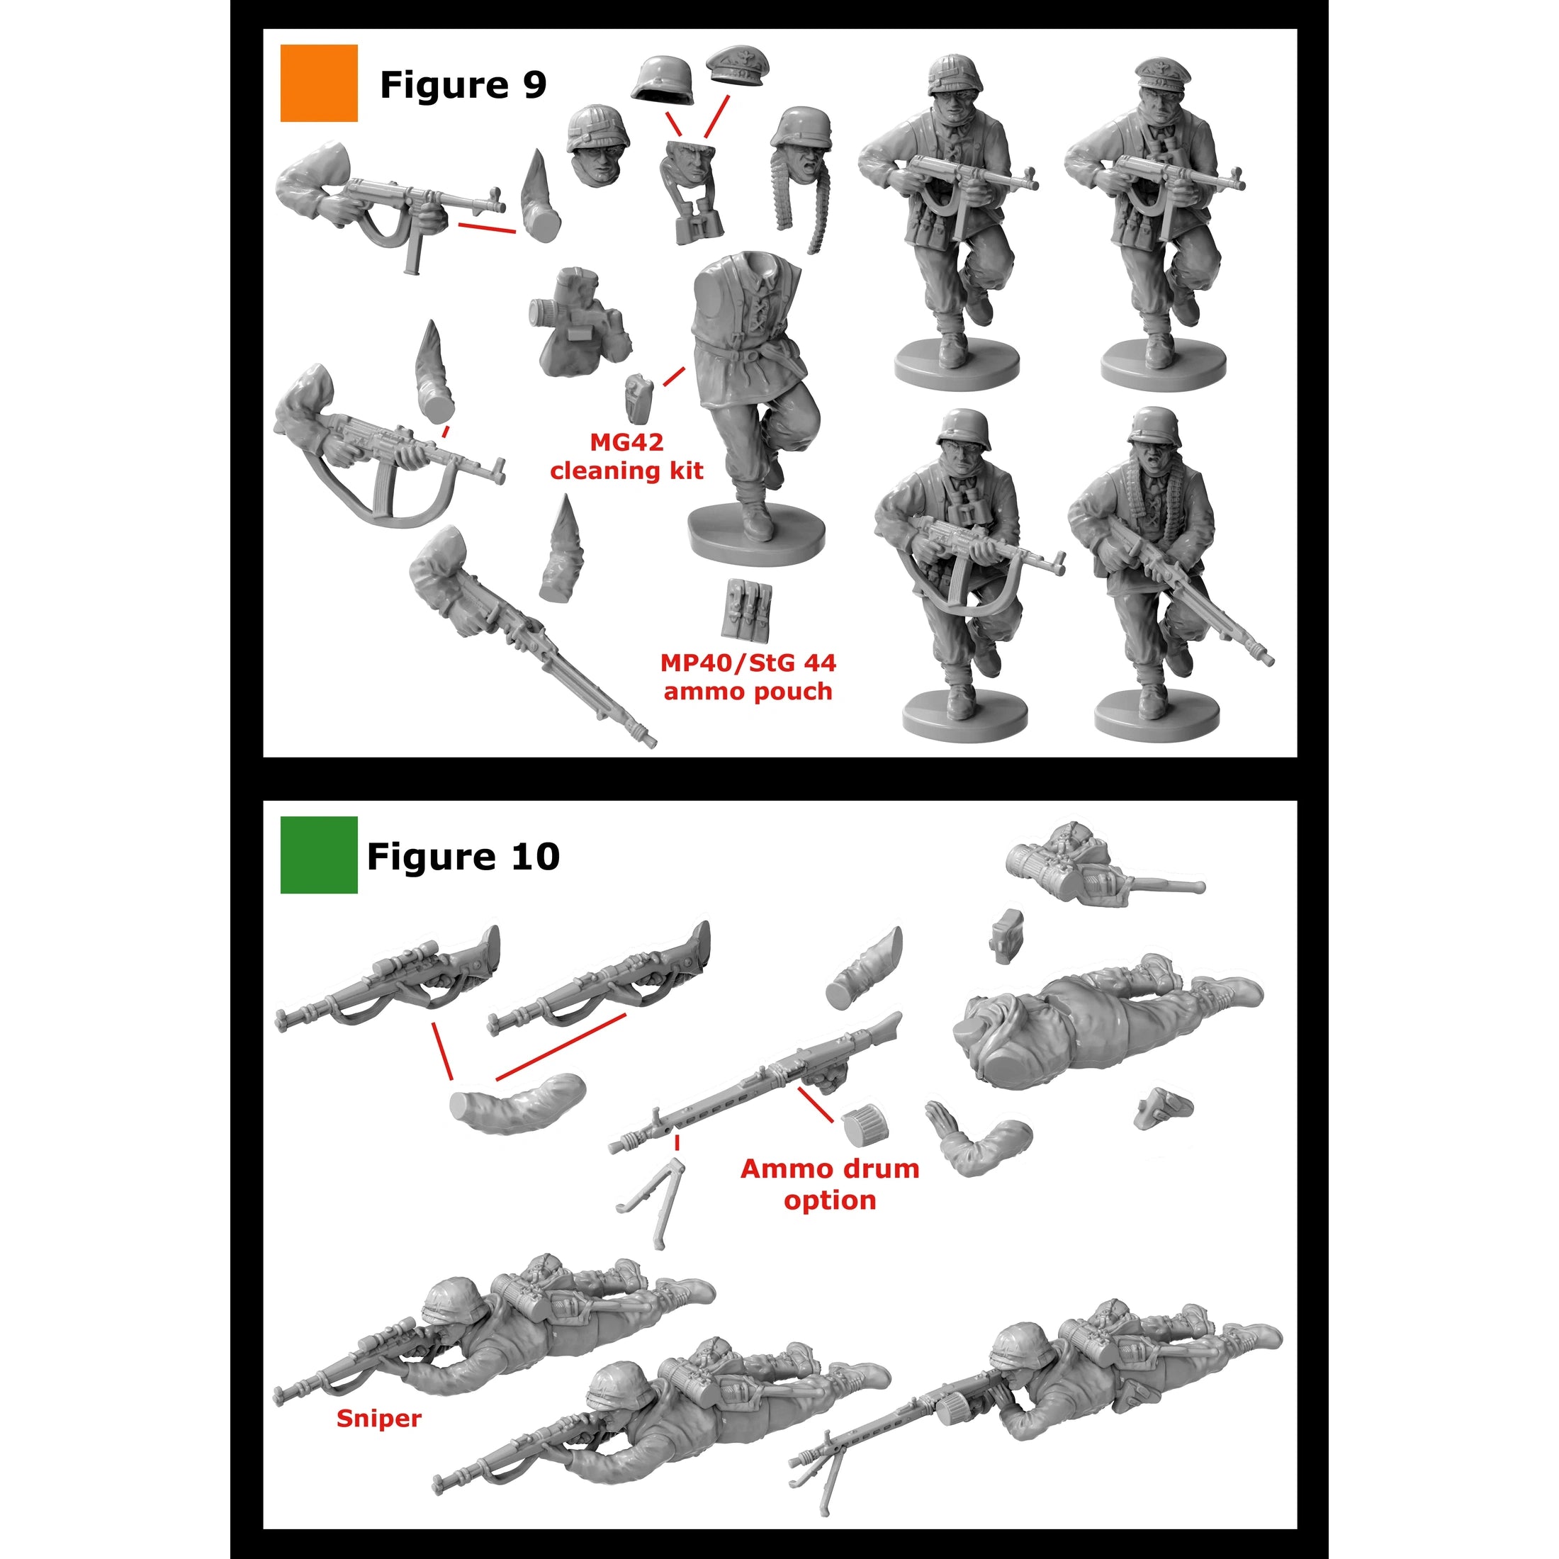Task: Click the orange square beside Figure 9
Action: pos(319,83)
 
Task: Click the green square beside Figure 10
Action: pos(319,855)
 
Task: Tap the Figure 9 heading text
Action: pos(463,85)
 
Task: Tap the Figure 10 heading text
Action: pos(463,856)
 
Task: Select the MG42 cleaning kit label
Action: pos(626,457)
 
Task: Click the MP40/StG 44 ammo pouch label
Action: pos(748,677)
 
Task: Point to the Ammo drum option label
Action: pos(830,1183)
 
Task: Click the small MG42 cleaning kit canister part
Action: pos(638,397)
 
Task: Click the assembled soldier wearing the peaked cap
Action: pos(1154,218)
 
